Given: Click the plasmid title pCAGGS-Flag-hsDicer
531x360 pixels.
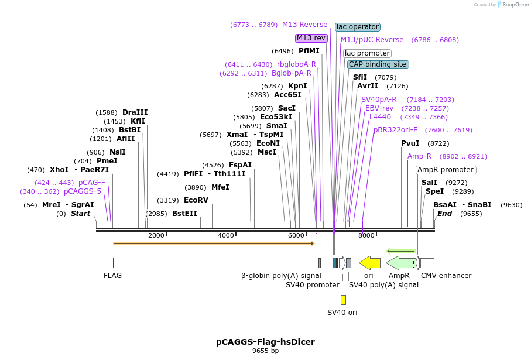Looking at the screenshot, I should tap(265, 342).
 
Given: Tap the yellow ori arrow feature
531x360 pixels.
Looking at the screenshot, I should tap(370, 263).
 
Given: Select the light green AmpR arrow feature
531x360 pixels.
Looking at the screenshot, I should tap(400, 263).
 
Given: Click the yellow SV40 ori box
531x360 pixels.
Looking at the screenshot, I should tap(343, 300).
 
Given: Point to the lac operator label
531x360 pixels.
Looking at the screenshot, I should tap(357, 27).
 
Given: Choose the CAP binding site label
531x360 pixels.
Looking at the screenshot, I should tap(377, 64).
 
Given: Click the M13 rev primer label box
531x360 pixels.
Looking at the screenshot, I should tap(311, 38).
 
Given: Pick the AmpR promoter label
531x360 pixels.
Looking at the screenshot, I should tap(446, 170).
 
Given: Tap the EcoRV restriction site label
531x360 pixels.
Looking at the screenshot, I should tap(196, 200).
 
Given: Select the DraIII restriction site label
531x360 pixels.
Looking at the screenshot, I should tap(135, 112).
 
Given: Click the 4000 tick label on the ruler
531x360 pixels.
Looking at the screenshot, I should tap(225, 236).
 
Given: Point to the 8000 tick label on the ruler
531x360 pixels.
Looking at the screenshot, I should tap(366, 236).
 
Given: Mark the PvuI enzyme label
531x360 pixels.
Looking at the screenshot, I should tap(410, 143).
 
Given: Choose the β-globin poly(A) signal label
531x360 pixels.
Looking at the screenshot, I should tap(281, 276).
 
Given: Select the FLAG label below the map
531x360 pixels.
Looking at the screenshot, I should tap(112, 276).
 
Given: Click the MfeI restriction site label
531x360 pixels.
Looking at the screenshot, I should tap(220, 187).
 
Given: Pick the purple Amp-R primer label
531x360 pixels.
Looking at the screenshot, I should tap(419, 156).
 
